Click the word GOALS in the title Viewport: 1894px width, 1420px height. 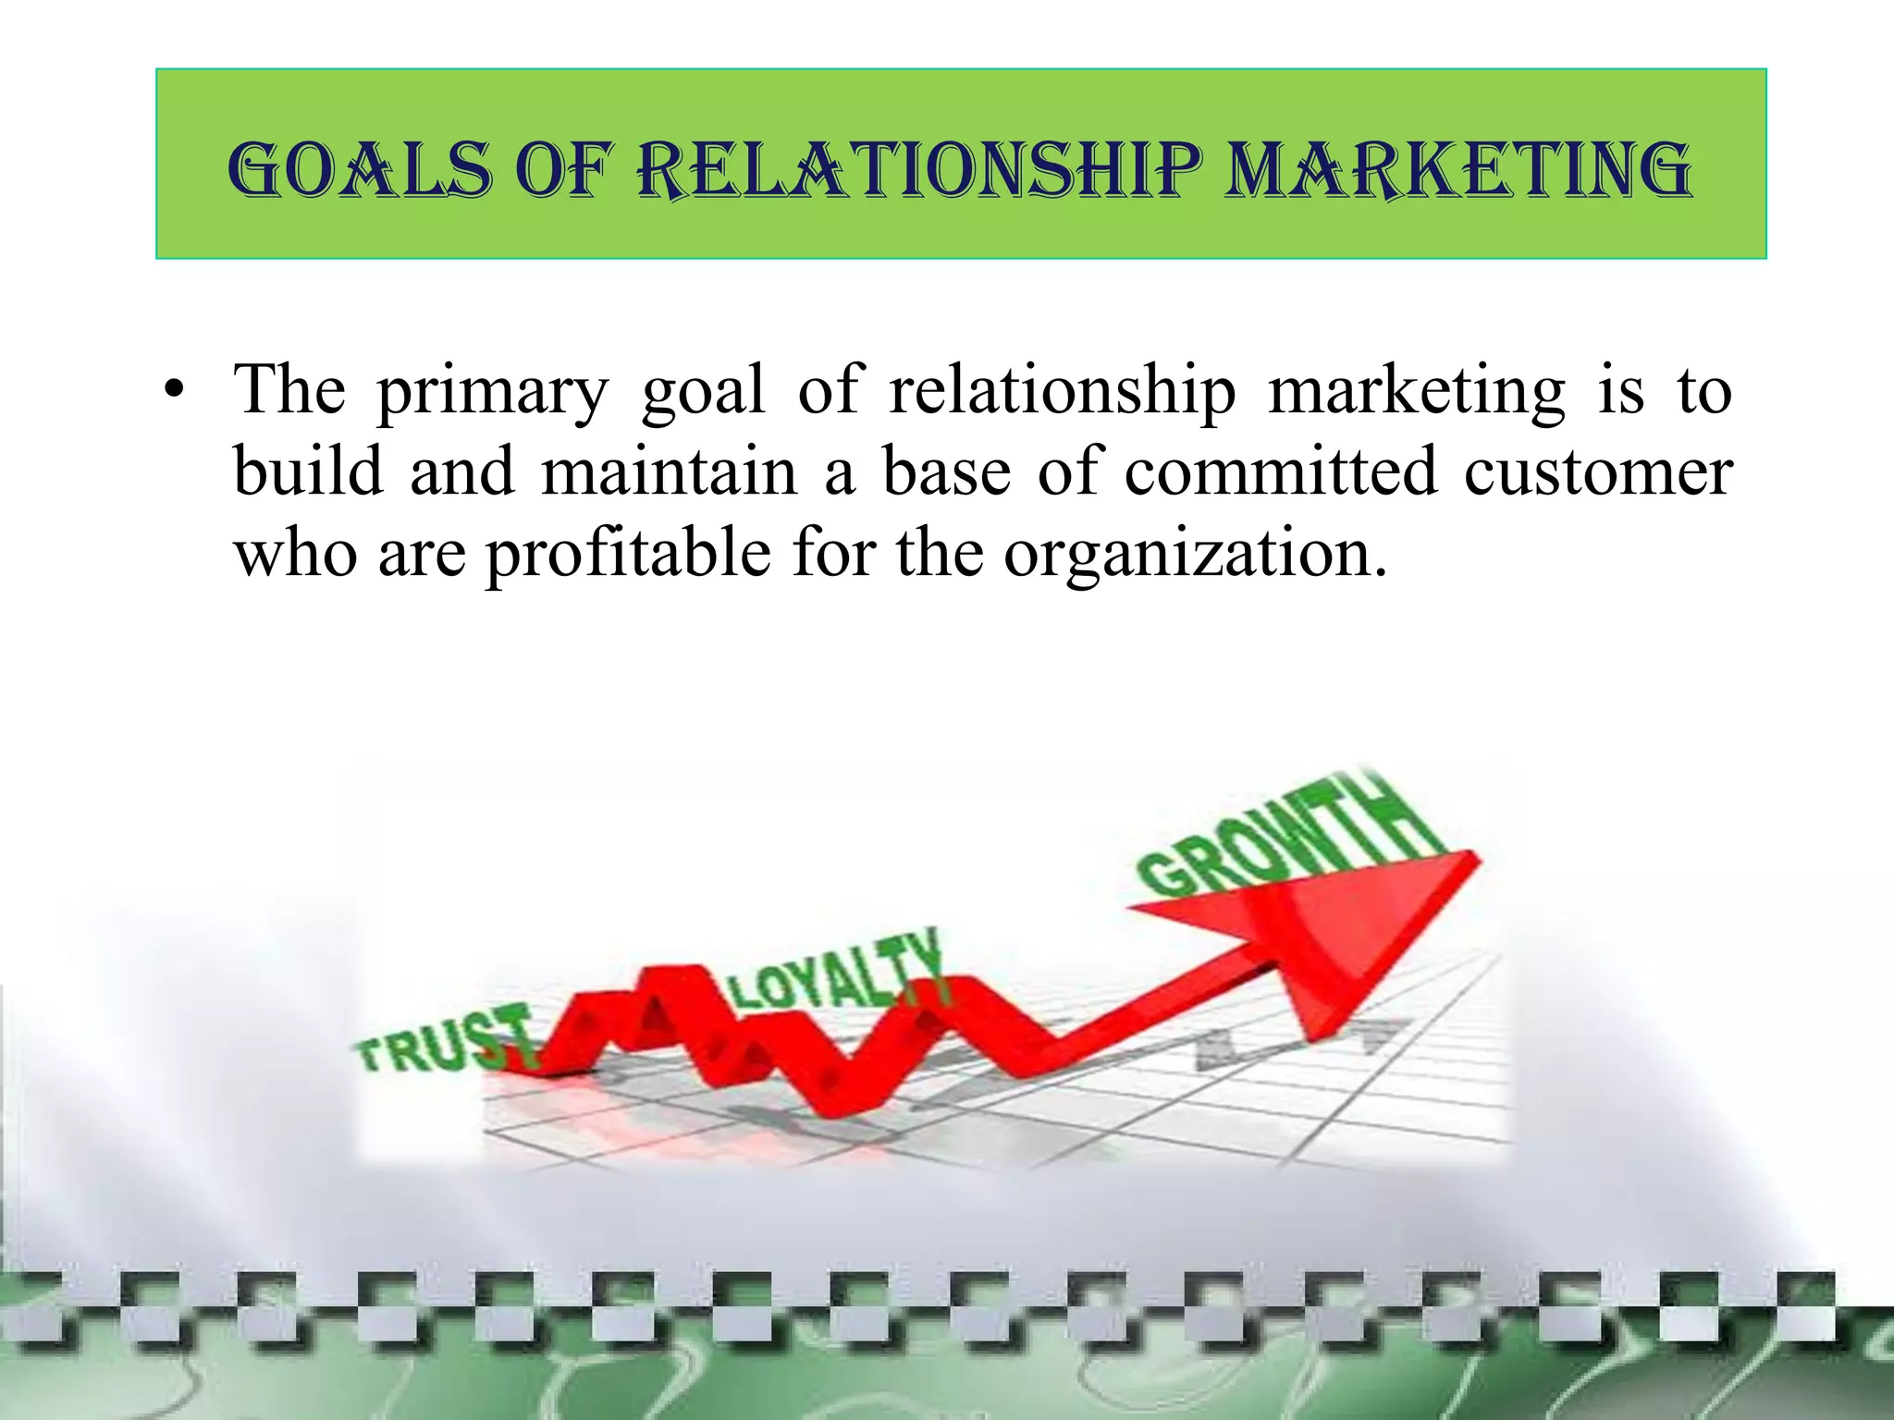(359, 171)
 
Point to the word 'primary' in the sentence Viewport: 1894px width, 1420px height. (492, 392)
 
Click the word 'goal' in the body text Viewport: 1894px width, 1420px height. (703, 390)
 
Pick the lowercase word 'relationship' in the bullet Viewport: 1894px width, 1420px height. (1062, 390)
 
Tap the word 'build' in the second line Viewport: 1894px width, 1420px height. (308, 471)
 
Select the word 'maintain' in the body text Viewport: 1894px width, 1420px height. (669, 471)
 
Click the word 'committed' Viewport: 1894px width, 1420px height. (1281, 471)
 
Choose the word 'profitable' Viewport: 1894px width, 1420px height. (628, 554)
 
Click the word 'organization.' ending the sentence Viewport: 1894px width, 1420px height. (1195, 554)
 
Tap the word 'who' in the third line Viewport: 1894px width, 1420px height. (295, 554)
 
